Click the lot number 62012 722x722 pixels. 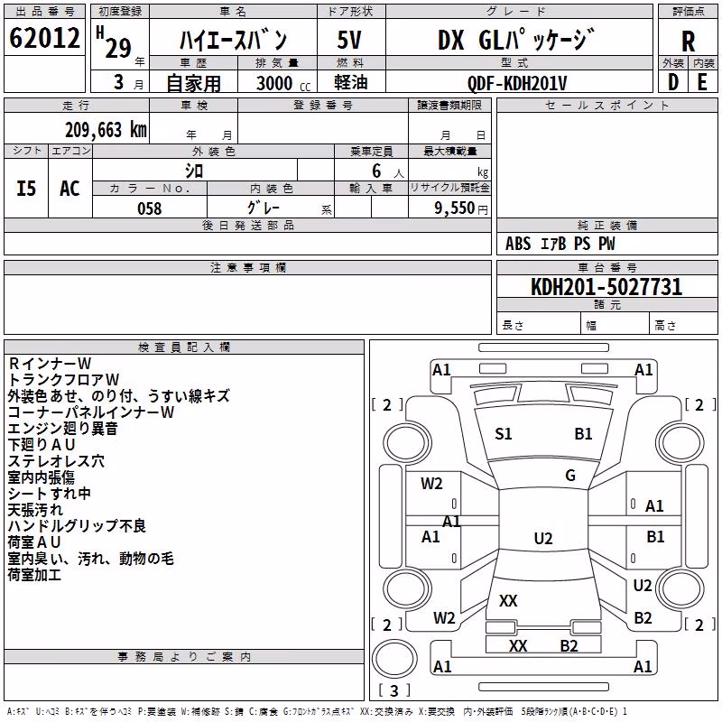tap(44, 38)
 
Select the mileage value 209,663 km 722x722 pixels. tap(106, 130)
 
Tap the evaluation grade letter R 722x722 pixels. tap(688, 42)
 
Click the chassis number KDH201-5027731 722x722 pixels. tap(606, 287)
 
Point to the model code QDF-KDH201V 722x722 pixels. tap(517, 83)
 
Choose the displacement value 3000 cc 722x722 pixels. tap(283, 83)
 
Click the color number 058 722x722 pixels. tap(150, 208)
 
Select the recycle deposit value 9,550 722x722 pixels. tap(455, 208)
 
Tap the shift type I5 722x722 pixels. tap(26, 189)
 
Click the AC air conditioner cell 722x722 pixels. tap(70, 189)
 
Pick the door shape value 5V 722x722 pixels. tap(349, 40)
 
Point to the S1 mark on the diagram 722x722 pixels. tap(504, 434)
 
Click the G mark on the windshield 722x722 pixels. tap(570, 476)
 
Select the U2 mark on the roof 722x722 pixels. tap(543, 538)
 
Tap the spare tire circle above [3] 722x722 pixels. tap(394, 659)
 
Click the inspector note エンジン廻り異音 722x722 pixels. tap(63, 428)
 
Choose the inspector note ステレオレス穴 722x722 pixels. tap(56, 461)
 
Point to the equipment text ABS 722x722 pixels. tap(518, 244)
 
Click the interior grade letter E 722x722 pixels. tap(702, 82)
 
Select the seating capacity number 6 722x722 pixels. tap(376, 171)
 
